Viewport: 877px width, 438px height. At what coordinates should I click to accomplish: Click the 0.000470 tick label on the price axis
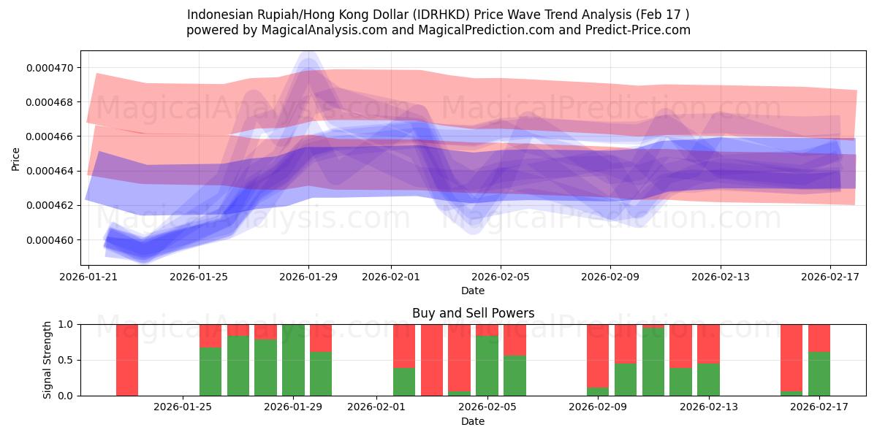[50, 68]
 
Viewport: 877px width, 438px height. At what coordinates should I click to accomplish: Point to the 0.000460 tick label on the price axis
[50, 240]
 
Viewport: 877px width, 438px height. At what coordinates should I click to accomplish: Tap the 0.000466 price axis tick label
[50, 137]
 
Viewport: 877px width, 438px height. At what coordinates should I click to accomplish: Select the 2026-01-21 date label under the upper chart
[88, 277]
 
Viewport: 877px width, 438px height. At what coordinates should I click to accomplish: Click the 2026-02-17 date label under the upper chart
[830, 277]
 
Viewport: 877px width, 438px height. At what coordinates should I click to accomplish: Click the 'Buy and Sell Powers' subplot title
[473, 313]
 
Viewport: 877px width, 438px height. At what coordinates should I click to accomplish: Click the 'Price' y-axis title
[17, 158]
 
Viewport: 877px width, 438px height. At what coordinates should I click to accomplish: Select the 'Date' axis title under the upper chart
[473, 291]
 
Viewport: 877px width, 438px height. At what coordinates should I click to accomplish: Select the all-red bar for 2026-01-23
[127, 360]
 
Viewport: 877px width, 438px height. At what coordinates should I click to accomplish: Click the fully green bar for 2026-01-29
[293, 360]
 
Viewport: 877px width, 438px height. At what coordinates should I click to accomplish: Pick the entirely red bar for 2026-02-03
[431, 360]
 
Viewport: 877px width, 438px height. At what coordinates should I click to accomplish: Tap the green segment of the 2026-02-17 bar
[819, 374]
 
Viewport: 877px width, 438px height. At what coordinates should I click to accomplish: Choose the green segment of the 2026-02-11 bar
[653, 362]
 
